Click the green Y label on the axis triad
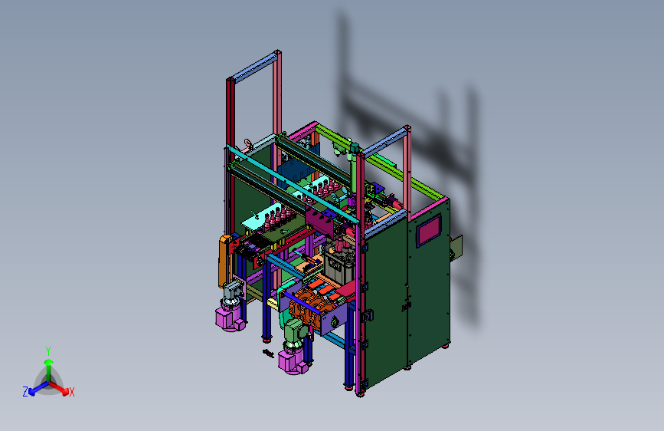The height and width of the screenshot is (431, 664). (x=48, y=350)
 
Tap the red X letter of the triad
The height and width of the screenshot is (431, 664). (x=71, y=393)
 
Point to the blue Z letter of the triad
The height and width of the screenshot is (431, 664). (x=25, y=392)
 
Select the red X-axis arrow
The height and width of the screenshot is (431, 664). (x=59, y=388)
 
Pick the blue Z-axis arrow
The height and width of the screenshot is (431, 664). (x=38, y=388)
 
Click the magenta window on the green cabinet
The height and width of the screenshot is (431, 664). (x=429, y=231)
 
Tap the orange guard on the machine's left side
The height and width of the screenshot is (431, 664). (x=224, y=262)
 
